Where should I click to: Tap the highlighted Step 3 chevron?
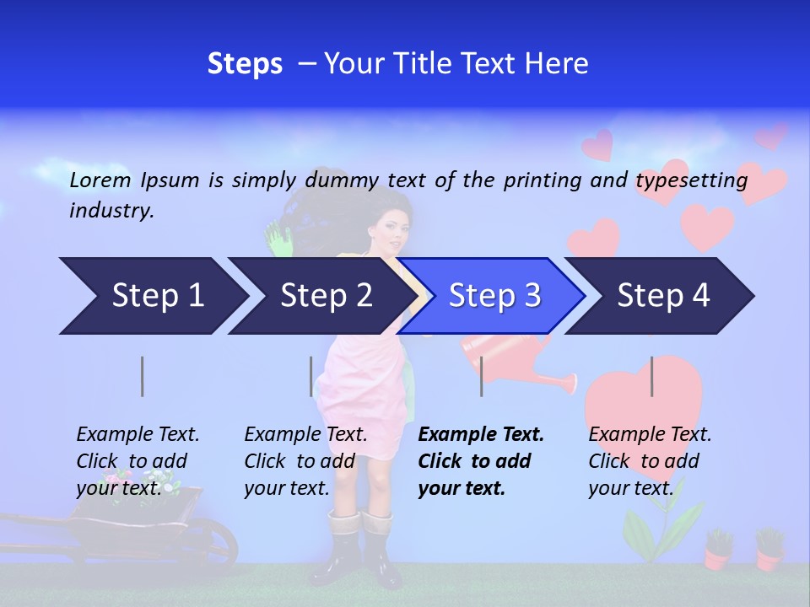494,296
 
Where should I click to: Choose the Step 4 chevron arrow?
662,296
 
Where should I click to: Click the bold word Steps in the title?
245,64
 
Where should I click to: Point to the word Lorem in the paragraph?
100,180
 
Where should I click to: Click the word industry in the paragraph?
111,211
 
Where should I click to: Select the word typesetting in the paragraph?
691,180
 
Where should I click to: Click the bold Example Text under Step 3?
481,435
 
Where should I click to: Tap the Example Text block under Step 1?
138,461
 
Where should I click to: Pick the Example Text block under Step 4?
650,461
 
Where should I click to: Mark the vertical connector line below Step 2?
311,376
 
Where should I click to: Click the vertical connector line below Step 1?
143,376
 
